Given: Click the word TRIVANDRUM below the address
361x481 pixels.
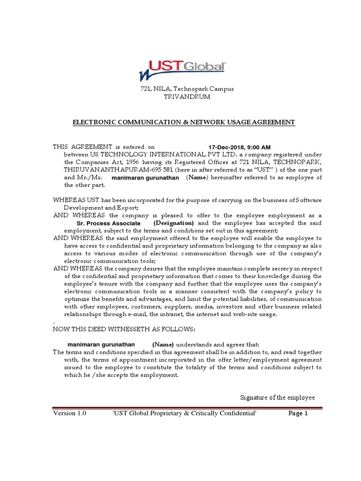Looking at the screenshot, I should pos(180,97).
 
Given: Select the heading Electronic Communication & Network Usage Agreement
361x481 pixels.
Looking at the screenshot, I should pos(183,122).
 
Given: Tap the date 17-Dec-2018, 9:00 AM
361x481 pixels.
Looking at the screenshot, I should pos(239,147).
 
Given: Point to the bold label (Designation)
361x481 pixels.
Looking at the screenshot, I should pos(173,223).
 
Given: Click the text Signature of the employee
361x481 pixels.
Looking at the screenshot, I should pos(277,397).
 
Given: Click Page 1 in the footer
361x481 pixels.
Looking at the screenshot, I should pos(298,413).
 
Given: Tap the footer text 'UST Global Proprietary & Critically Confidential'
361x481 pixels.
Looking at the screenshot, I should pos(184,413).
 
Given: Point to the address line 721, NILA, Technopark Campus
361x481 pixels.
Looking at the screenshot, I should pos(180,89).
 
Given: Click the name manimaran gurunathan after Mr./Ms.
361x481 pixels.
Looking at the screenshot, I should pos(145,178).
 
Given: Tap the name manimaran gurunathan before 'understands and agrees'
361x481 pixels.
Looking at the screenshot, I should pos(101,344).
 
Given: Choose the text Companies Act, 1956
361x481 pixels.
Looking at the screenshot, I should pos(94,163).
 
